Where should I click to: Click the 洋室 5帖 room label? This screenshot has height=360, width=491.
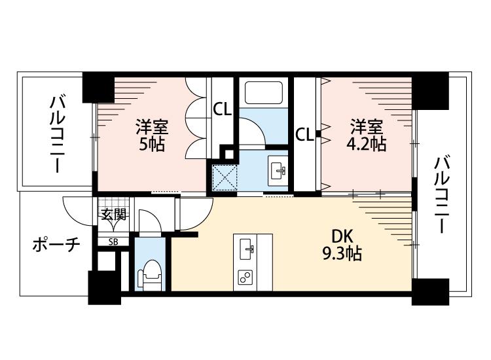pos(151,134)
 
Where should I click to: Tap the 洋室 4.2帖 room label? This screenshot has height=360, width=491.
pos(366,134)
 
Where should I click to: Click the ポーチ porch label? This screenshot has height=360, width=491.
pos(56,245)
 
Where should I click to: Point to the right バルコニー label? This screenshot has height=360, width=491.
pos(441,194)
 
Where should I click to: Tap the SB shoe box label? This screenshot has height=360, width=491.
pos(113,242)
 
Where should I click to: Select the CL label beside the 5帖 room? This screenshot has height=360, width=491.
pos(223,110)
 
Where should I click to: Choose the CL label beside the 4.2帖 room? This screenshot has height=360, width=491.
pos(304,135)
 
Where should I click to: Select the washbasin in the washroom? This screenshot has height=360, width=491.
pos(280,170)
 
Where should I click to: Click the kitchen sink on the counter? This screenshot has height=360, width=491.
pos(247,247)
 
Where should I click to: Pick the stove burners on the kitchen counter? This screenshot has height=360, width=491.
pos(246,277)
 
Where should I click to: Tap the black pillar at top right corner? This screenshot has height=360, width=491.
pos(431,92)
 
